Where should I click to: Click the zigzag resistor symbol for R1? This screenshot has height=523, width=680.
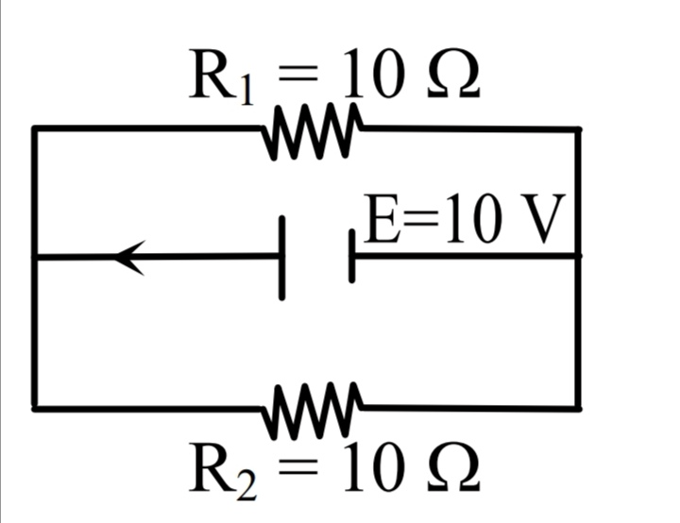[313, 131]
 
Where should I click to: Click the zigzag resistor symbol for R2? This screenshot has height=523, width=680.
[313, 411]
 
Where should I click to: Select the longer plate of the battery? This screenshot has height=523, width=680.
[281, 258]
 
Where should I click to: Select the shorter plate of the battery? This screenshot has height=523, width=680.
[351, 256]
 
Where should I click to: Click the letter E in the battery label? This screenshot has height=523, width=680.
[382, 219]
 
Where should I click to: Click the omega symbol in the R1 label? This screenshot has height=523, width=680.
[453, 75]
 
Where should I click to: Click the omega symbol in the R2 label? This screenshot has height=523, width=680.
[453, 467]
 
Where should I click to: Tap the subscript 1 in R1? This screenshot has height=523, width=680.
[246, 90]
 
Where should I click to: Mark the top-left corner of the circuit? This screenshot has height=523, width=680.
[35, 128]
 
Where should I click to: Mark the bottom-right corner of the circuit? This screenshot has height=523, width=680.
[578, 408]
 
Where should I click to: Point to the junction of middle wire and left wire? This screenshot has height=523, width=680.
[35, 258]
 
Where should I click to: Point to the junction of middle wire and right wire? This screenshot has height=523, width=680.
[578, 256]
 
